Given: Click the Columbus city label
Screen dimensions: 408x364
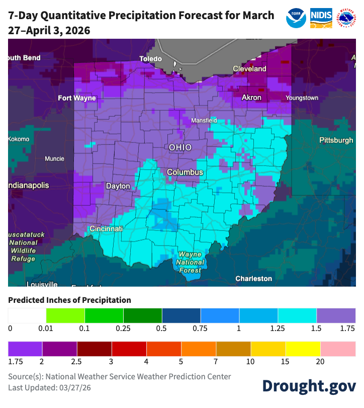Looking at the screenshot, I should coord(185,173).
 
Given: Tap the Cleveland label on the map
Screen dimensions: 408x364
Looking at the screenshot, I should coord(249,68).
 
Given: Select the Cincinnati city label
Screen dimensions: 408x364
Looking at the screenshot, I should coord(106,229).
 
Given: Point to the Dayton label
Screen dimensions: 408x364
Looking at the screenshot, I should coord(118,186).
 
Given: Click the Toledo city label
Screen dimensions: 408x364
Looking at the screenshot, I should coord(150,59).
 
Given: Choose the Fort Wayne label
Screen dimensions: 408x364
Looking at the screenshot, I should coord(77,98).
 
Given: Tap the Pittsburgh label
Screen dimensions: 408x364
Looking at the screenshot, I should coord(336,140).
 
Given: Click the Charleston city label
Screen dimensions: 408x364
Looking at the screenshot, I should coord(254,278).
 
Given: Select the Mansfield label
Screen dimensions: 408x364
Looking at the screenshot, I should coord(204,121).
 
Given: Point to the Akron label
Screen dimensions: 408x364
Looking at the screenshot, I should coord(251,97).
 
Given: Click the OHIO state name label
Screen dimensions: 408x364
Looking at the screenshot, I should coord(180,147).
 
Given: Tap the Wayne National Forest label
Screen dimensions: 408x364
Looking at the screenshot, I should coord(190,262).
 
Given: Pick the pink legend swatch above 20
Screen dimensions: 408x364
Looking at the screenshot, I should coord(338,349).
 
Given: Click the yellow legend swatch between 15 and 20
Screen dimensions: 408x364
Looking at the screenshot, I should coord(304,349).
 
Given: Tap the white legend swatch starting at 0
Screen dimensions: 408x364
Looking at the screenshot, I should coord(27,315).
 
